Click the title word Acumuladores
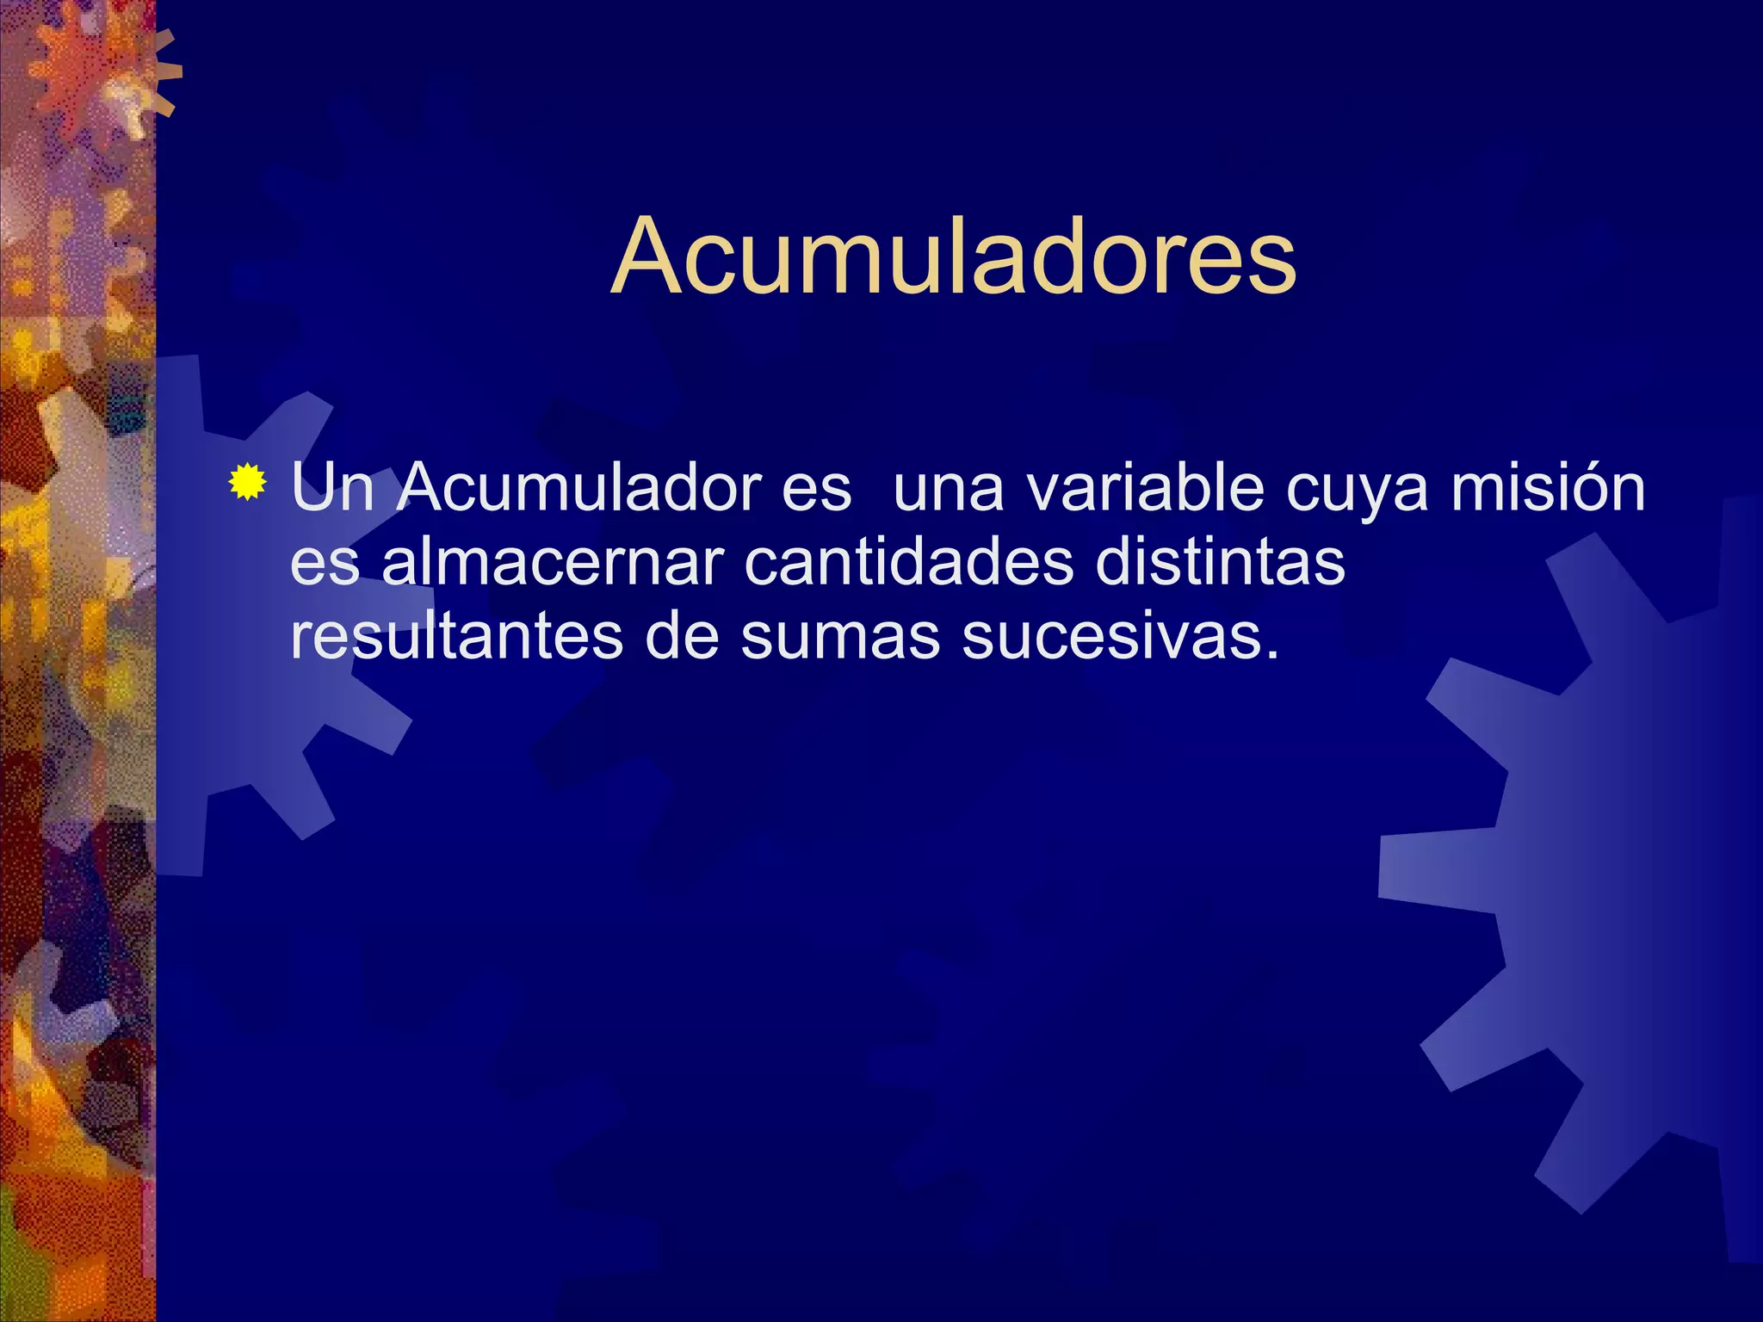pos(953,256)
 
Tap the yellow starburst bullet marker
pos(247,482)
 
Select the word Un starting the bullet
pos(331,488)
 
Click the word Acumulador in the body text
pos(581,488)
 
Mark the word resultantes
pos(456,637)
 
